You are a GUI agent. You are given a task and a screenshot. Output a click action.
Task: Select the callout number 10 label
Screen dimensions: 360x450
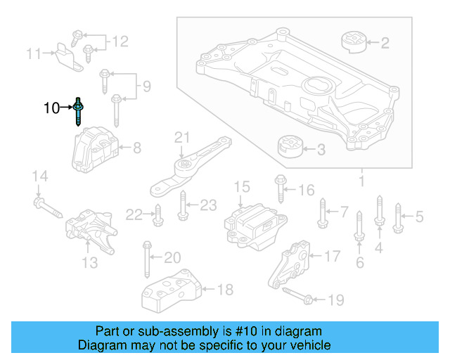pos(51,108)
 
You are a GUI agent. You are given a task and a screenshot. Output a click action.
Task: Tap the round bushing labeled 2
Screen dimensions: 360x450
pos(354,41)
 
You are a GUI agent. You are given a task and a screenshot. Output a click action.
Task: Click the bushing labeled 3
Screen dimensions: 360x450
pos(288,148)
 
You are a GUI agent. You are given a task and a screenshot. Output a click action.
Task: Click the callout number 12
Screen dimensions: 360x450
pos(120,41)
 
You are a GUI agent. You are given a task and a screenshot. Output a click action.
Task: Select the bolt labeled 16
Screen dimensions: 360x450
pos(281,188)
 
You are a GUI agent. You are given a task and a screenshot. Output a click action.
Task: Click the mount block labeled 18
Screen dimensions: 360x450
pos(171,290)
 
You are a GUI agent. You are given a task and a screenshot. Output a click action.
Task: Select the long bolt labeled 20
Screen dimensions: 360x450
pos(147,260)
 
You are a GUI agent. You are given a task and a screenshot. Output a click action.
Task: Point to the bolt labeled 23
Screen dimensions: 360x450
pos(184,206)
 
